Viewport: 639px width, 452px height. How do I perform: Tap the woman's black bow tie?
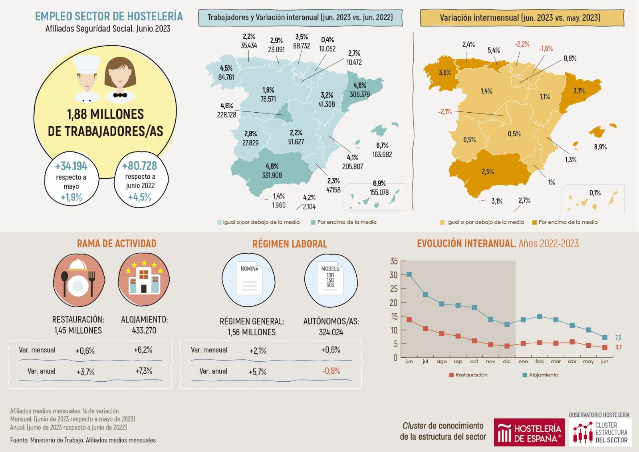tap(120, 95)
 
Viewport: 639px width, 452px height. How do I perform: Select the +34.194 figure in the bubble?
tap(71, 166)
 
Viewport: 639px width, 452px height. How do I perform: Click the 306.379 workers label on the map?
tap(359, 94)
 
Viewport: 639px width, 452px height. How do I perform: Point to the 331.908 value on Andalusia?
tap(272, 175)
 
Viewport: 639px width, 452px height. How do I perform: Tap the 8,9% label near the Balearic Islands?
tap(600, 147)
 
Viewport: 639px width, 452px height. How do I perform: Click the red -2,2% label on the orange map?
tap(522, 44)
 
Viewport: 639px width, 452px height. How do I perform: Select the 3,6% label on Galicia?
tap(445, 72)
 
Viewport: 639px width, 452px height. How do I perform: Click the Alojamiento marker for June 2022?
tap(409, 275)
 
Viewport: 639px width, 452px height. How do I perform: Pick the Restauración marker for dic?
tap(507, 346)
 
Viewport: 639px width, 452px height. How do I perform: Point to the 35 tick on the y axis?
tap(394, 261)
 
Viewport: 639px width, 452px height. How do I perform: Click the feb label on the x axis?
tap(539, 361)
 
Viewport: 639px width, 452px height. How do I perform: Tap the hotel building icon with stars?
tap(144, 279)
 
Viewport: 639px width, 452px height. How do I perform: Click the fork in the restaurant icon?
tap(92, 282)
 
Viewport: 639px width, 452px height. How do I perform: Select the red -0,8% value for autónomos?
tap(331, 371)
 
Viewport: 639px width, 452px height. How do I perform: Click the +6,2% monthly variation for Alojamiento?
tap(143, 350)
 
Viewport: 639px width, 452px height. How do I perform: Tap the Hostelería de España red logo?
tap(529, 432)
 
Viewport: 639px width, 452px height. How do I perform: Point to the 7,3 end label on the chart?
tap(618, 338)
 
